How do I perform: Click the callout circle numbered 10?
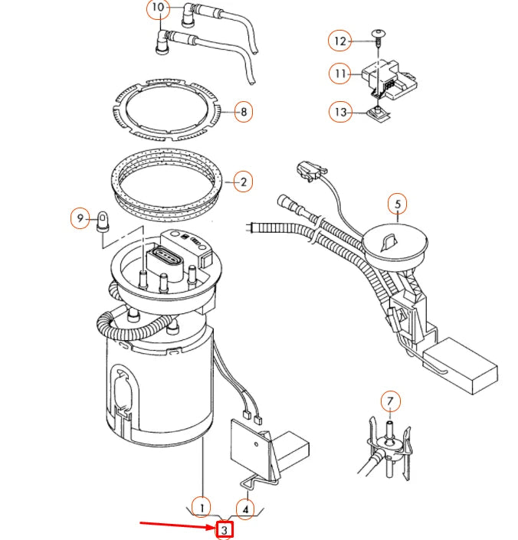[157, 9]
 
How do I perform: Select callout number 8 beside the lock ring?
[244, 113]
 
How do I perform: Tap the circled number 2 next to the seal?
[243, 182]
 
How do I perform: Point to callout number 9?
[80, 219]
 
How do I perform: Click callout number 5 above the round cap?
[397, 205]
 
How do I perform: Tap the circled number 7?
[390, 401]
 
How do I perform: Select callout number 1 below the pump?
[201, 506]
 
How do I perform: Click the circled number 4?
[245, 506]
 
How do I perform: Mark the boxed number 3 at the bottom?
[225, 529]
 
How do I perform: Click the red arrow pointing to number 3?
[176, 525]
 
